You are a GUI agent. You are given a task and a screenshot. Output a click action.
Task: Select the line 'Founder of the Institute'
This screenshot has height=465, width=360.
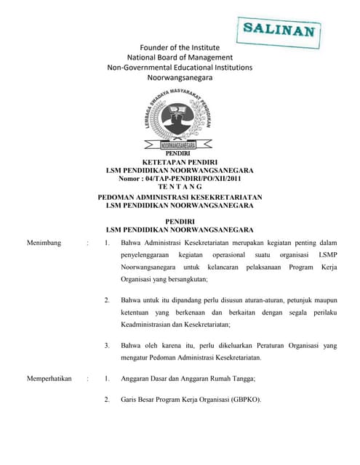180,47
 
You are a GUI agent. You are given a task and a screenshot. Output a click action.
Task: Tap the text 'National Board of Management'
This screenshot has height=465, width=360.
180,57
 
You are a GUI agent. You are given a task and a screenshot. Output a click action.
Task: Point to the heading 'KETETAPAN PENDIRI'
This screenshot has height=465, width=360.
179,162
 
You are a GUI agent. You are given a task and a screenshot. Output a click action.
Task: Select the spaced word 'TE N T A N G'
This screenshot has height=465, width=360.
179,186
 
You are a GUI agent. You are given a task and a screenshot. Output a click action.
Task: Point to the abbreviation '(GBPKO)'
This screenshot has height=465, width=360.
246,400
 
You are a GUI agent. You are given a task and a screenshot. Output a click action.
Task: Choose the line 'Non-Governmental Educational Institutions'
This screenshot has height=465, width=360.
180,66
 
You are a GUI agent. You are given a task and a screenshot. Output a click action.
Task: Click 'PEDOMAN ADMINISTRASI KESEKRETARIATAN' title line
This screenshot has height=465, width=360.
180,198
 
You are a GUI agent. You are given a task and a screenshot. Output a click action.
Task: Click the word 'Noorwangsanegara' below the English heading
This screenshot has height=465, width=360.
180,76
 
